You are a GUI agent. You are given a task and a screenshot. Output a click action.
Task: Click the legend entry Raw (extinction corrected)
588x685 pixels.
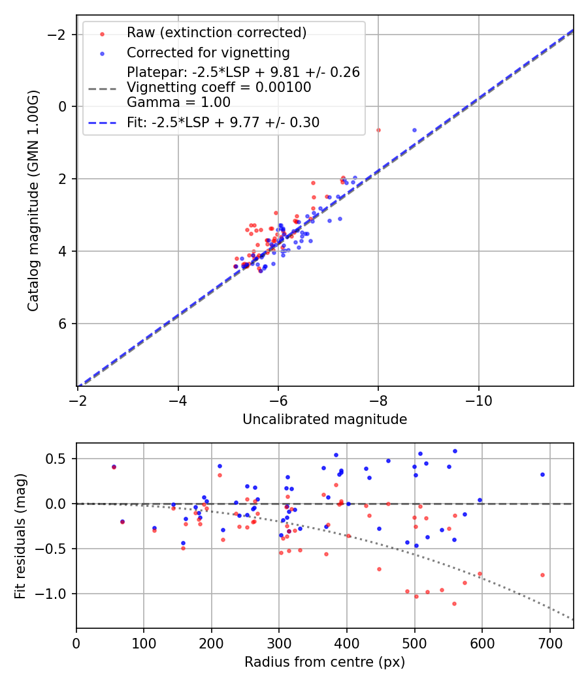click(216, 33)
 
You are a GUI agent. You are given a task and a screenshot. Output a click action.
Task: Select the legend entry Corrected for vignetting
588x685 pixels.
click(208, 52)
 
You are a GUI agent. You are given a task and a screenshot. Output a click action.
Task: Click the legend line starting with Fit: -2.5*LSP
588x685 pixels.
click(223, 122)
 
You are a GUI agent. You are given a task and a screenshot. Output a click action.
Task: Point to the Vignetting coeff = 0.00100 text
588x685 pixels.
click(219, 87)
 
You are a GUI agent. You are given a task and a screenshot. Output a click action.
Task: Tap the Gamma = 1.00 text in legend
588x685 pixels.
click(178, 102)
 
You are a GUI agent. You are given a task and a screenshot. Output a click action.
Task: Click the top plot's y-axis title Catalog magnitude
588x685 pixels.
click(33, 200)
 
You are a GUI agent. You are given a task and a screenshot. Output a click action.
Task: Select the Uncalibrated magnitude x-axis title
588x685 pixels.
click(325, 419)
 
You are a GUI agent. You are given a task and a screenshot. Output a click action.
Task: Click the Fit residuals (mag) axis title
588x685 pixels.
click(20, 536)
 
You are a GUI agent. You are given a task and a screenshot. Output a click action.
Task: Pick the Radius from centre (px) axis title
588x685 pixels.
click(325, 662)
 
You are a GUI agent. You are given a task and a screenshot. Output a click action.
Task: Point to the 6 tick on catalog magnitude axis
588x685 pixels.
click(64, 324)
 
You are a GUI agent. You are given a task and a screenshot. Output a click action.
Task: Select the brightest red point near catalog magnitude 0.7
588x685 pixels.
click(378, 130)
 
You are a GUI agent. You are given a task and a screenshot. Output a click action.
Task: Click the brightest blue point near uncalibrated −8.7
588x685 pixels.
click(414, 130)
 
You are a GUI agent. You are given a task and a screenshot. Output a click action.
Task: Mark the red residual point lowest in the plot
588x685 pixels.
click(454, 603)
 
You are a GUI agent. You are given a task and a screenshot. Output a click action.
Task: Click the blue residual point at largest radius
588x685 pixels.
click(542, 474)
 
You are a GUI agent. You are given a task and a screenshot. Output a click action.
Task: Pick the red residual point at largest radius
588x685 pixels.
click(542, 575)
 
